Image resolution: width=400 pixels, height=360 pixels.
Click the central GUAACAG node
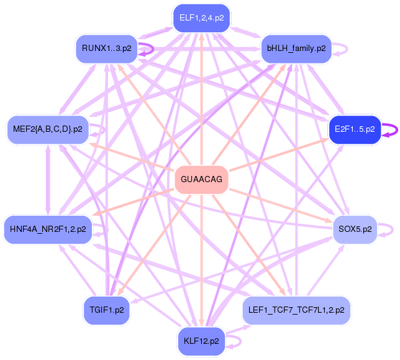point(201,179)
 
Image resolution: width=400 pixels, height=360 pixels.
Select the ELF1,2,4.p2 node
point(201,18)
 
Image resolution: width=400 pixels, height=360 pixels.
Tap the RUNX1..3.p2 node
point(107,48)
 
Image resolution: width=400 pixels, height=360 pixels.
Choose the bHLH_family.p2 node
point(296,48)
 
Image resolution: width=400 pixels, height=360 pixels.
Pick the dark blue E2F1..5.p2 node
point(355,129)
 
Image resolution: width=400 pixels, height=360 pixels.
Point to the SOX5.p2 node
point(355,229)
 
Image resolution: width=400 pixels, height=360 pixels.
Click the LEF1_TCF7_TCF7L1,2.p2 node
point(296,310)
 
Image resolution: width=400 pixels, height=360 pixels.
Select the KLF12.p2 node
point(201,341)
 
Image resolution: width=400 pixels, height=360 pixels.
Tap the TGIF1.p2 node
point(107,310)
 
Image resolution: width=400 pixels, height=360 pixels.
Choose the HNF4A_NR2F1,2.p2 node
point(48,229)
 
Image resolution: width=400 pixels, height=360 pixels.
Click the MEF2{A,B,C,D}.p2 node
point(48,129)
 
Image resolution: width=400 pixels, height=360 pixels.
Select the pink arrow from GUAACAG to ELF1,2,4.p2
point(201,99)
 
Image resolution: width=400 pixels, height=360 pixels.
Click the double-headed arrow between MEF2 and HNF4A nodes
point(48,180)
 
